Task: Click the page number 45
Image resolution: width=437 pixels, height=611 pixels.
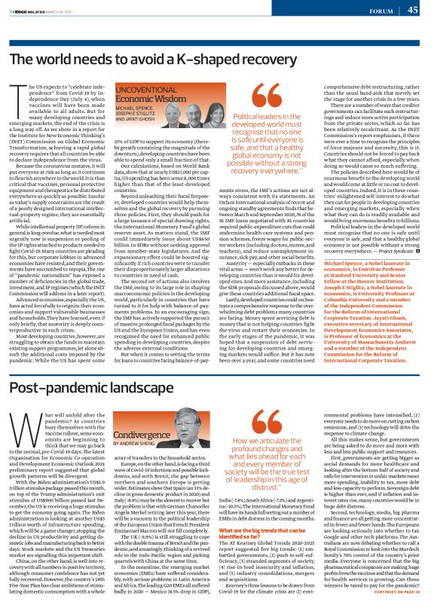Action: coord(413,10)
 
